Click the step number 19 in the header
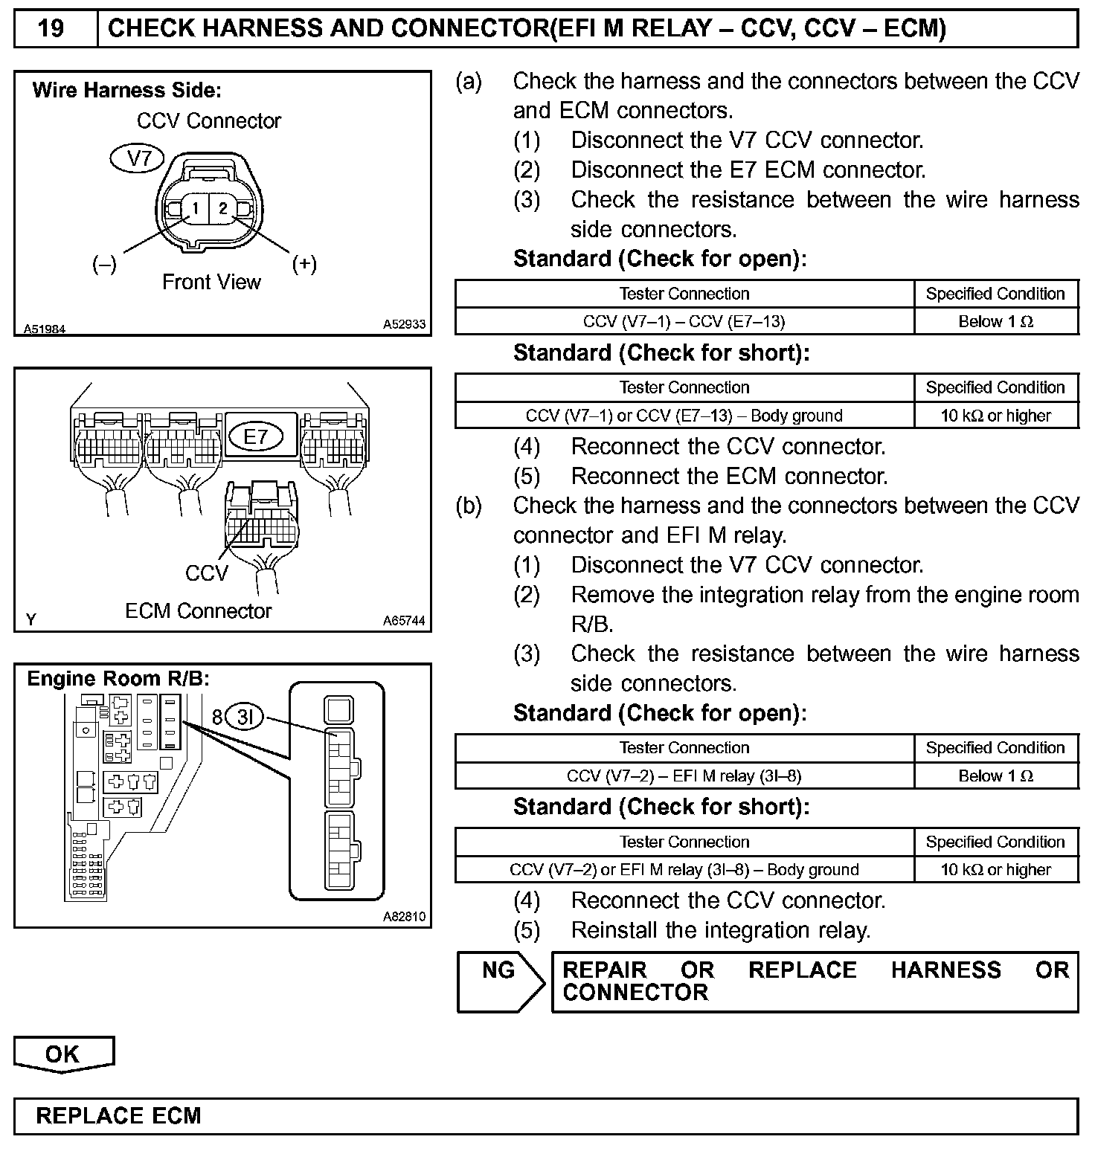pos(51,28)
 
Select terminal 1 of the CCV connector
pos(195,209)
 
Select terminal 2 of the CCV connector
pos(222,209)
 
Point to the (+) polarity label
pos(304,264)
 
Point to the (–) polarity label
pos(104,264)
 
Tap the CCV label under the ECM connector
pos(206,573)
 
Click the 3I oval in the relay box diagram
pos(245,717)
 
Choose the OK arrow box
pos(63,1054)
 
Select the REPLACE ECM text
pos(119,1116)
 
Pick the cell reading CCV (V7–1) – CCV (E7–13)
pos(684,321)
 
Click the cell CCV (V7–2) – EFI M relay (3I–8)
pos(684,776)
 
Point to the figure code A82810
pos(404,917)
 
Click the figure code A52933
pos(404,325)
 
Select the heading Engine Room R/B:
pos(118,679)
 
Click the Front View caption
pos(211,283)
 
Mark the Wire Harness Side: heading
pos(127,91)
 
